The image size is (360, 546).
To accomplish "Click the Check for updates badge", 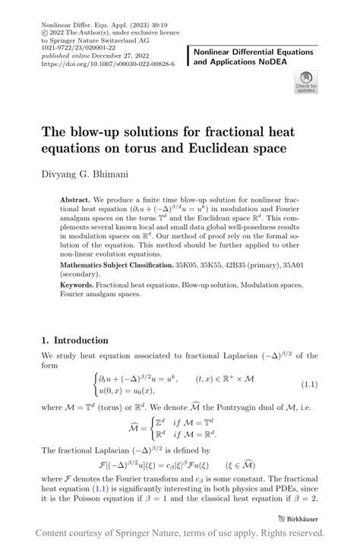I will (x=306, y=81).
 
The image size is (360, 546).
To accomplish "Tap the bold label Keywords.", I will (x=80, y=285).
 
